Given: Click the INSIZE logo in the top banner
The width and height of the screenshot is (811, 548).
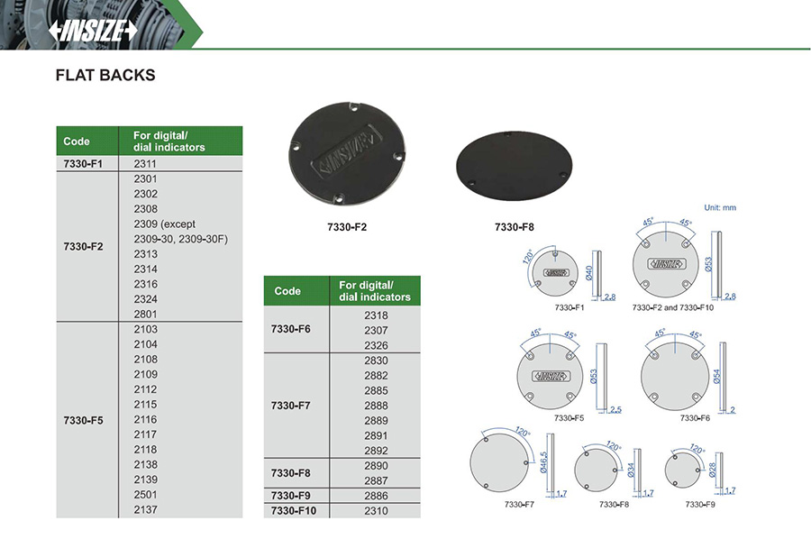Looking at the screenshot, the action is (93, 31).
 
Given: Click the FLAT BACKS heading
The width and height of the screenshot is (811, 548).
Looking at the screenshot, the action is (105, 76).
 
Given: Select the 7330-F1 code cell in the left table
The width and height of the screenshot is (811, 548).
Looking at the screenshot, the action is (83, 164).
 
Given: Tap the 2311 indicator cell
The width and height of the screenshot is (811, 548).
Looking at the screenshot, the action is (145, 164).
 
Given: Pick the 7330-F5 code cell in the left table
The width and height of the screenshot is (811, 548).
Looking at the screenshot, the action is (83, 420).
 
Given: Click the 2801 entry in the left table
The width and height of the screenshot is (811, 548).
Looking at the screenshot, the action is (145, 314).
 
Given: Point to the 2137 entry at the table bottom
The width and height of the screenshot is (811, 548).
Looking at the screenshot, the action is (145, 510).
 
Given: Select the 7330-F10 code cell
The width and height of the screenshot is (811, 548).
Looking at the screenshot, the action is (293, 511).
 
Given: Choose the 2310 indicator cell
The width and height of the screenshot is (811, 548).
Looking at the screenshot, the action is (376, 511).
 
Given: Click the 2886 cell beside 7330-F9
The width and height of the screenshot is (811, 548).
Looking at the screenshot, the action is (376, 496).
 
